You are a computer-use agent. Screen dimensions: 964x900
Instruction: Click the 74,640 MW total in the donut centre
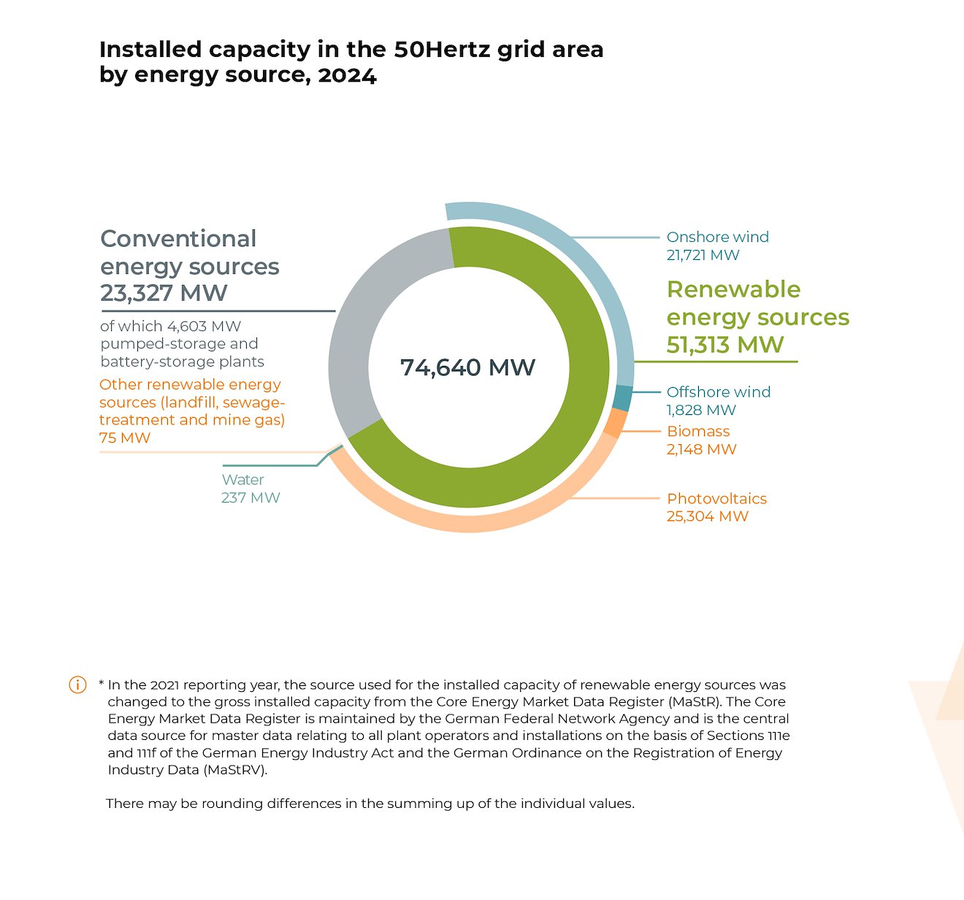467,367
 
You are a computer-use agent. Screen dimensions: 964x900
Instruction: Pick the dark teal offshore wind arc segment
622,398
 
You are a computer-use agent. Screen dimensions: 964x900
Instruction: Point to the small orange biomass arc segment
616,422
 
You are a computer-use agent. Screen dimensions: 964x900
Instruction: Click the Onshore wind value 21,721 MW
703,255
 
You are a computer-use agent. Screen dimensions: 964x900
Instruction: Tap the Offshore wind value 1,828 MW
701,410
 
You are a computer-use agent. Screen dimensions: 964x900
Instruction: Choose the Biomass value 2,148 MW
701,449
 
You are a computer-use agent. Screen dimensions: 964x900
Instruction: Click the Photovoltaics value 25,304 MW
707,516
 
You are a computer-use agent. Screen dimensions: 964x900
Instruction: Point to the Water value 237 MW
250,497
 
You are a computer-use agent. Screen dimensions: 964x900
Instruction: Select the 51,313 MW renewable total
724,344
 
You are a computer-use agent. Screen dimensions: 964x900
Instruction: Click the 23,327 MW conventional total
164,293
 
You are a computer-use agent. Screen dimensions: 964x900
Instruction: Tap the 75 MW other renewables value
125,438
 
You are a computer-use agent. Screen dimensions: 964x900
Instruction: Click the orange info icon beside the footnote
77,684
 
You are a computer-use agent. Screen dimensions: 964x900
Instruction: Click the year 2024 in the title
347,75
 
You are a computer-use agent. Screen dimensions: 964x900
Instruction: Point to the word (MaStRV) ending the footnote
235,770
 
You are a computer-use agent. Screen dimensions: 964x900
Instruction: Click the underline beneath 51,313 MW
716,362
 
